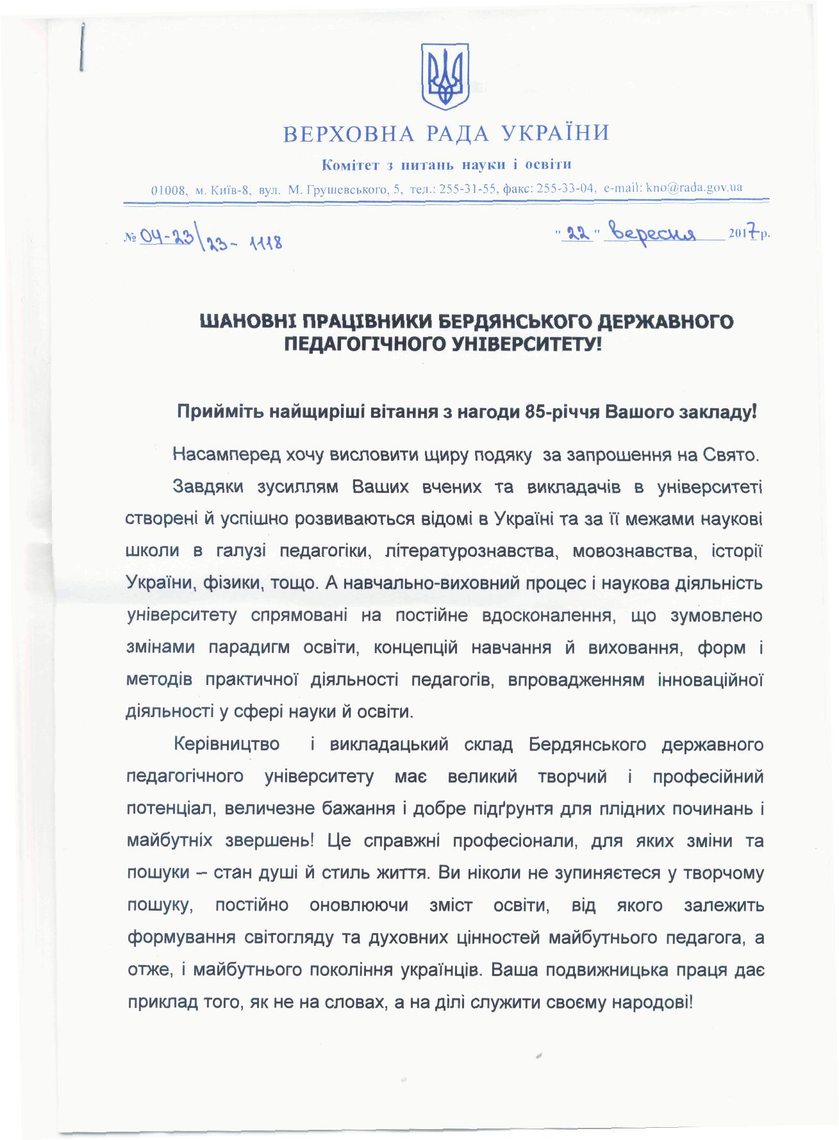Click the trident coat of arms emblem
click(x=444, y=76)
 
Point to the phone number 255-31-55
click(x=462, y=189)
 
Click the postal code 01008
click(x=169, y=190)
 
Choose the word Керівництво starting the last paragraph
click(x=226, y=744)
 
